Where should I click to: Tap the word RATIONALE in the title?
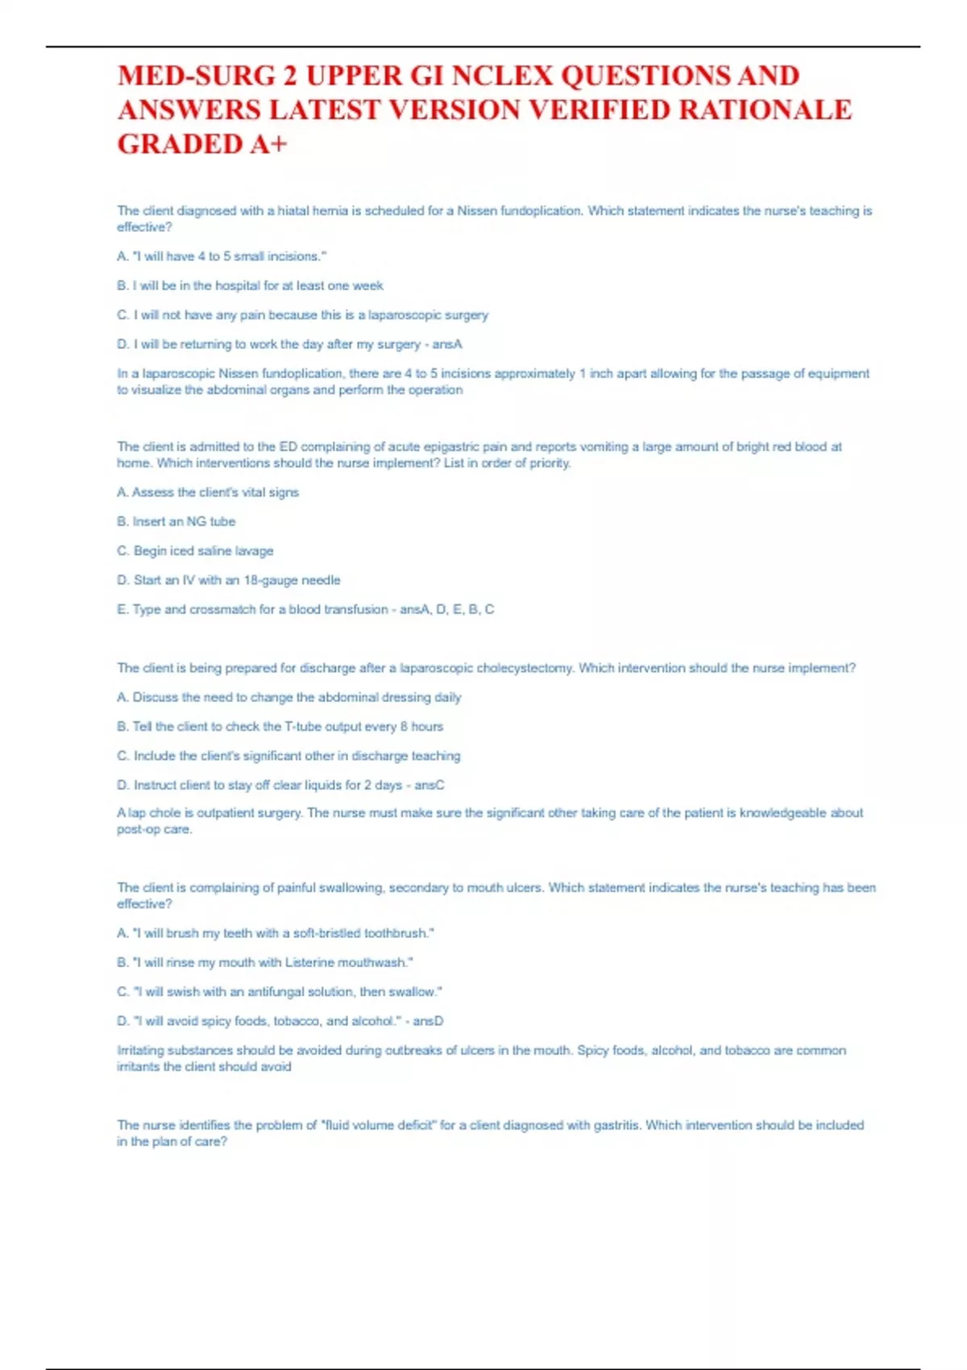(x=765, y=110)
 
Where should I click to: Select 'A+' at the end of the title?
(x=268, y=144)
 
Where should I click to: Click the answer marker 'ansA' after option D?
(x=447, y=344)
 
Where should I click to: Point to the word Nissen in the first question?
(x=477, y=211)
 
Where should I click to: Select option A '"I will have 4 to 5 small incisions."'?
(x=222, y=256)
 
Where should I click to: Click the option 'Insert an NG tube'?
(x=176, y=521)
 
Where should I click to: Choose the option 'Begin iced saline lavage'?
(x=195, y=550)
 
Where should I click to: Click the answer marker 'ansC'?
(x=430, y=785)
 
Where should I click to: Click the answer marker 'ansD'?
(x=428, y=1021)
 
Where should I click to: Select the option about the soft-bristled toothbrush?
(x=276, y=933)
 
